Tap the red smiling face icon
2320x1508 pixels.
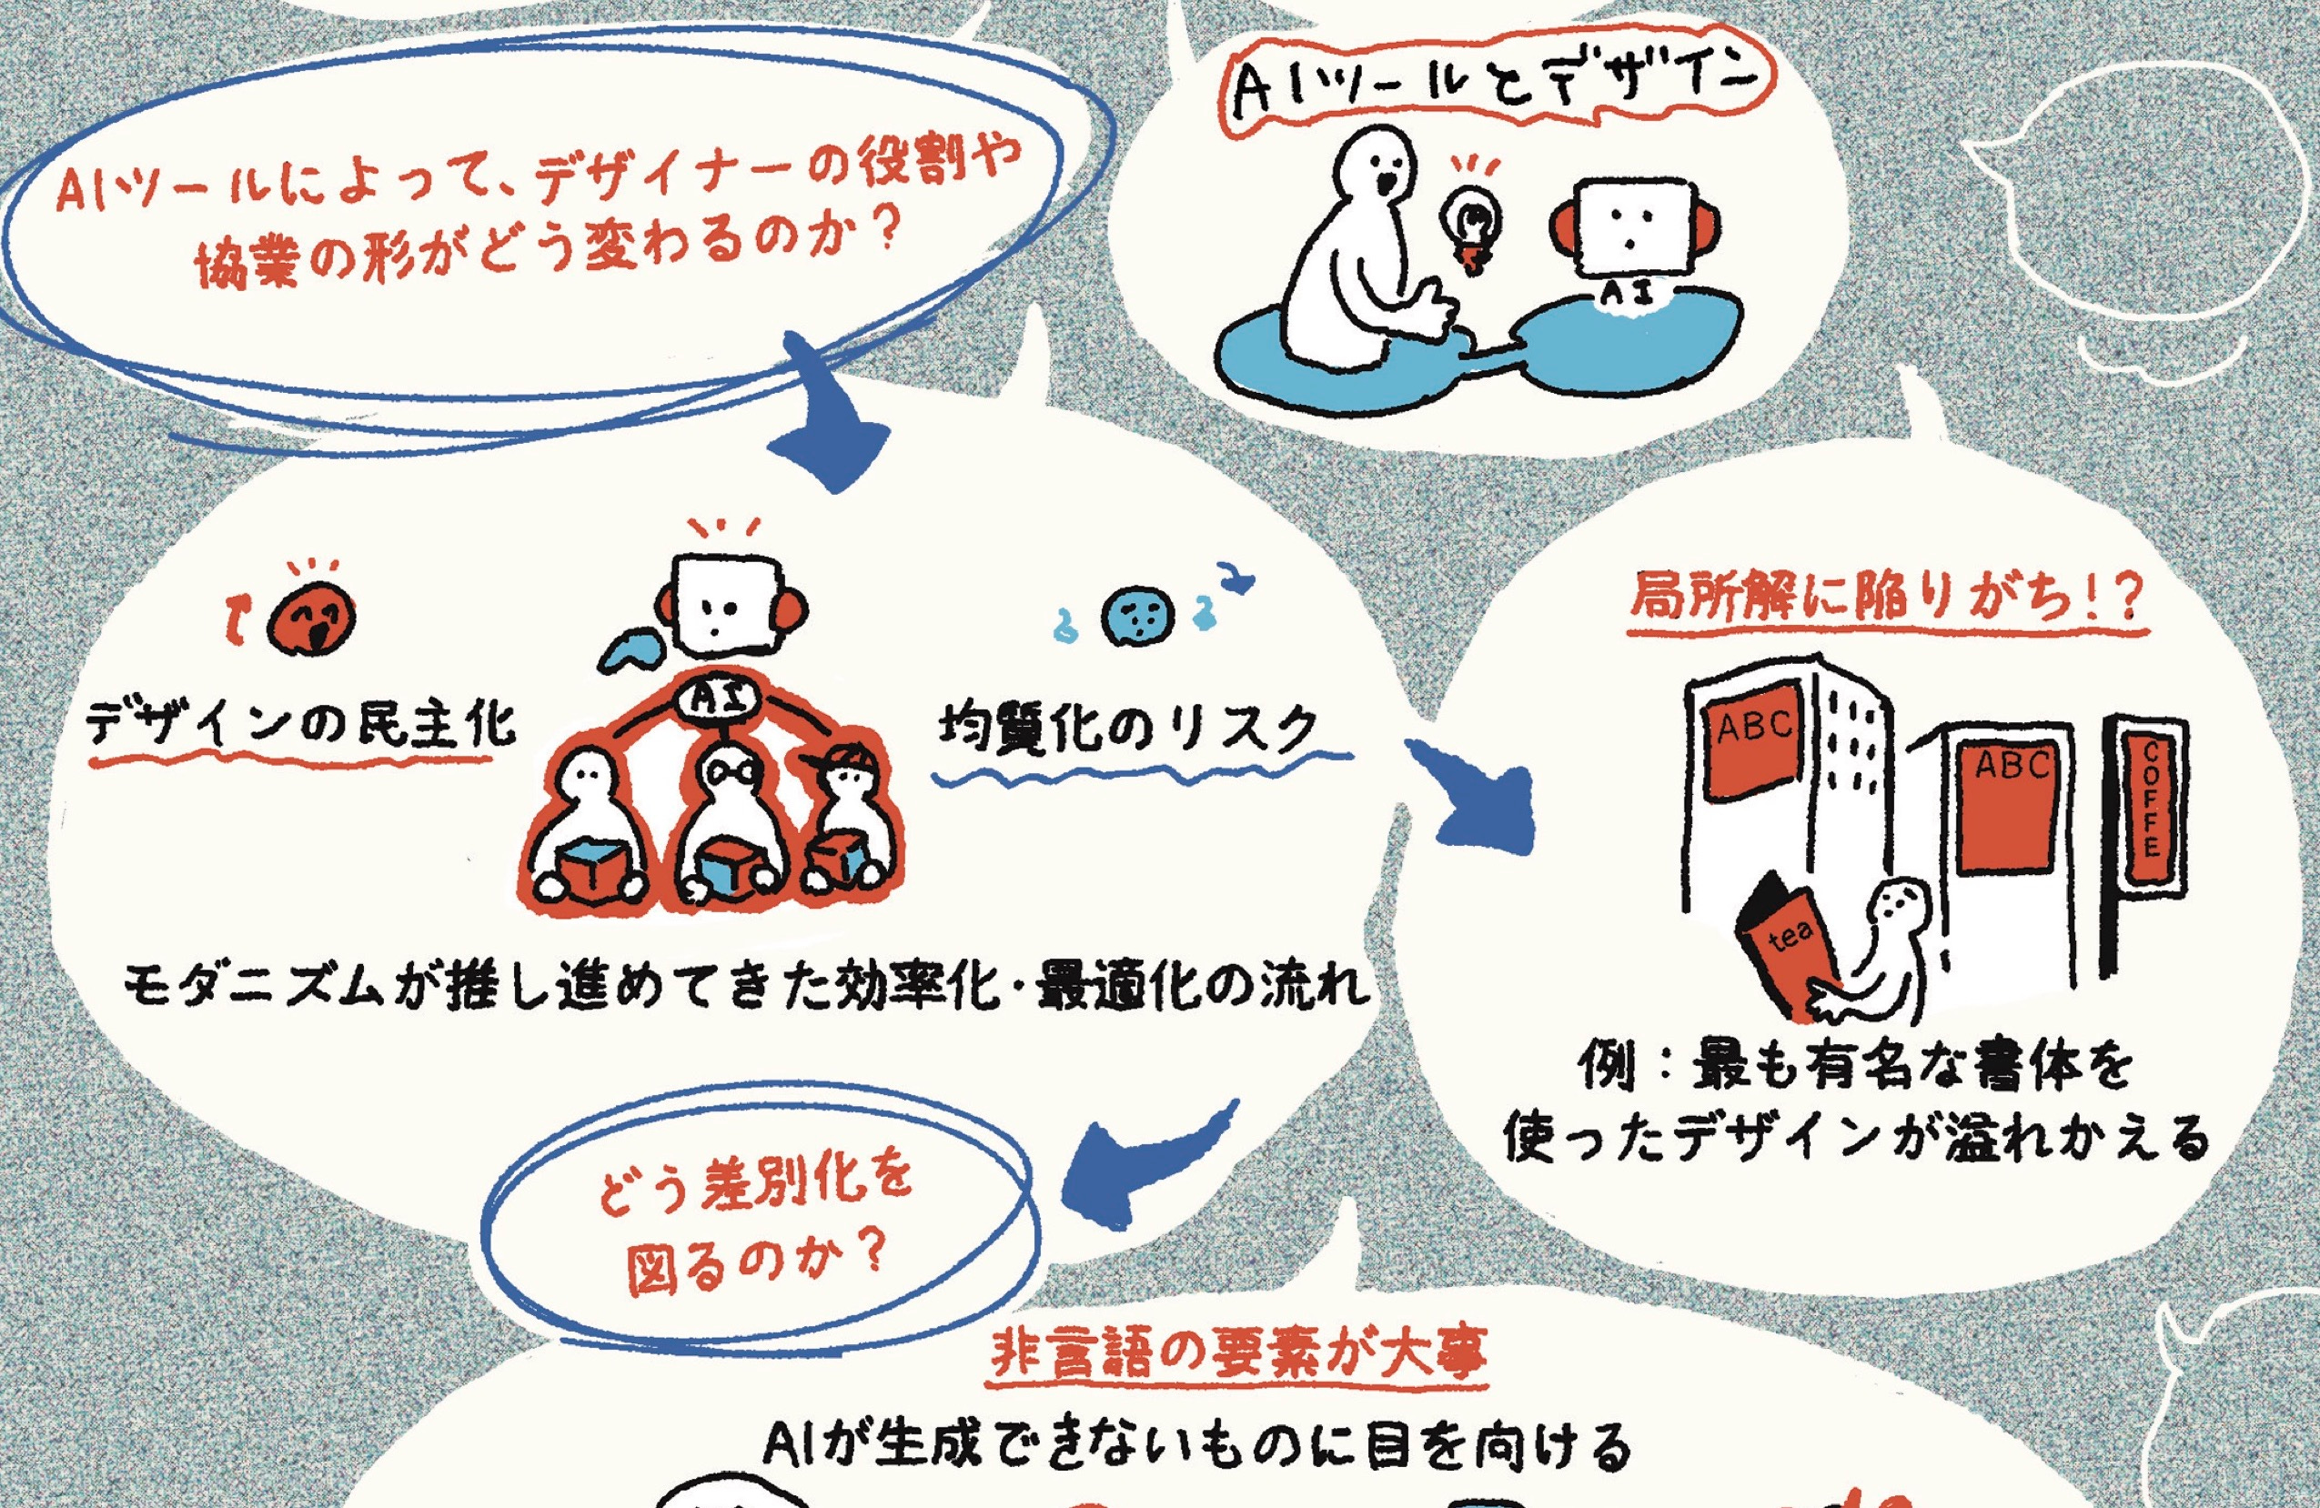311,621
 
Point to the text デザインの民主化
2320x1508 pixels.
300,726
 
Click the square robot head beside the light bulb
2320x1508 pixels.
1624,226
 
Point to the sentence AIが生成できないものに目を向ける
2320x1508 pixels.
1197,1444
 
